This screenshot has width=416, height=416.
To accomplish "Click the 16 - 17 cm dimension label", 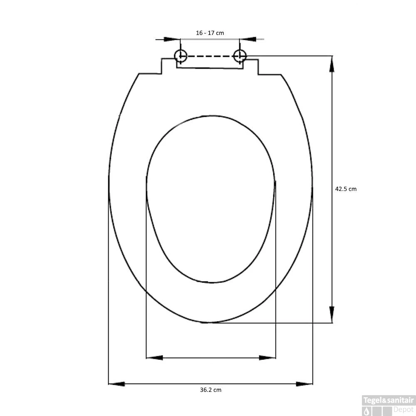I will (x=210, y=32).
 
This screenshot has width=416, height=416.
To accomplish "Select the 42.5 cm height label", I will (x=346, y=189).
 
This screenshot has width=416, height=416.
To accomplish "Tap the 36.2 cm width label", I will (x=210, y=390).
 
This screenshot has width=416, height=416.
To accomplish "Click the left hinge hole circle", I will (x=181, y=55).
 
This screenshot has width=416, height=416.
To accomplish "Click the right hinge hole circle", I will (x=240, y=55).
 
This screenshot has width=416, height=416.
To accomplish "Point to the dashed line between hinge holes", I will (x=210, y=56).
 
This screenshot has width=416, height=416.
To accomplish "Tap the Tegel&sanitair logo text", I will (x=389, y=400).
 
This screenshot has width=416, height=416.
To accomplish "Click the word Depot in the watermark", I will (x=404, y=410).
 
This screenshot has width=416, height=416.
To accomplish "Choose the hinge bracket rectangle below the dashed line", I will (x=210, y=64).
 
